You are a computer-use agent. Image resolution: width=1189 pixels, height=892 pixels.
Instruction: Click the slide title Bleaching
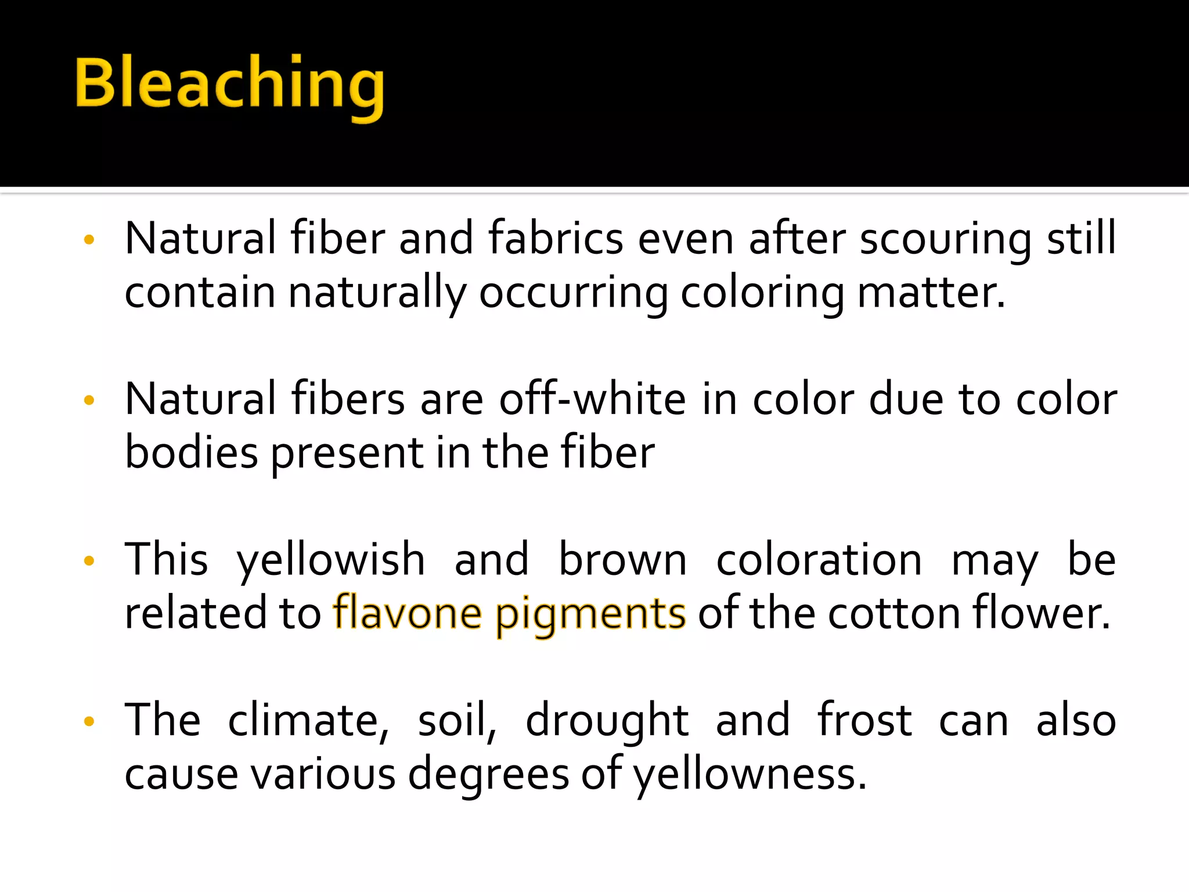[x=229, y=84]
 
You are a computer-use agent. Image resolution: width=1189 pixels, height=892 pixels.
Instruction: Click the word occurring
[x=574, y=293]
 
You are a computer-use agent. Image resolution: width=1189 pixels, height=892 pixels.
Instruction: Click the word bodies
[x=192, y=453]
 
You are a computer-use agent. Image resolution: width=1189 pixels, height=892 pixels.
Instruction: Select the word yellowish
[x=331, y=561]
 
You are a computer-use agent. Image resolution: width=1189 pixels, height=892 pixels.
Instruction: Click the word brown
[x=622, y=560]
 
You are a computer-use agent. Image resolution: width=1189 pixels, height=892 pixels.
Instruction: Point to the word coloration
[x=819, y=560]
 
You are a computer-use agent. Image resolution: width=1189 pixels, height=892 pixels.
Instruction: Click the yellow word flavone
[x=407, y=613]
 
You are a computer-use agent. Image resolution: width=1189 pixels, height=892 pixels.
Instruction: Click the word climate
[x=308, y=721]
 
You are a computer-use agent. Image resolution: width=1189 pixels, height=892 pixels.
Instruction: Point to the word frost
[x=864, y=720]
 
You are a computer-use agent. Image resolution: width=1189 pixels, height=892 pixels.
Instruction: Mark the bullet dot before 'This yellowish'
[x=89, y=561]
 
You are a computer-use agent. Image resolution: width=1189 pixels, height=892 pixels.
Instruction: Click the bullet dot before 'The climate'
[x=89, y=722]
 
